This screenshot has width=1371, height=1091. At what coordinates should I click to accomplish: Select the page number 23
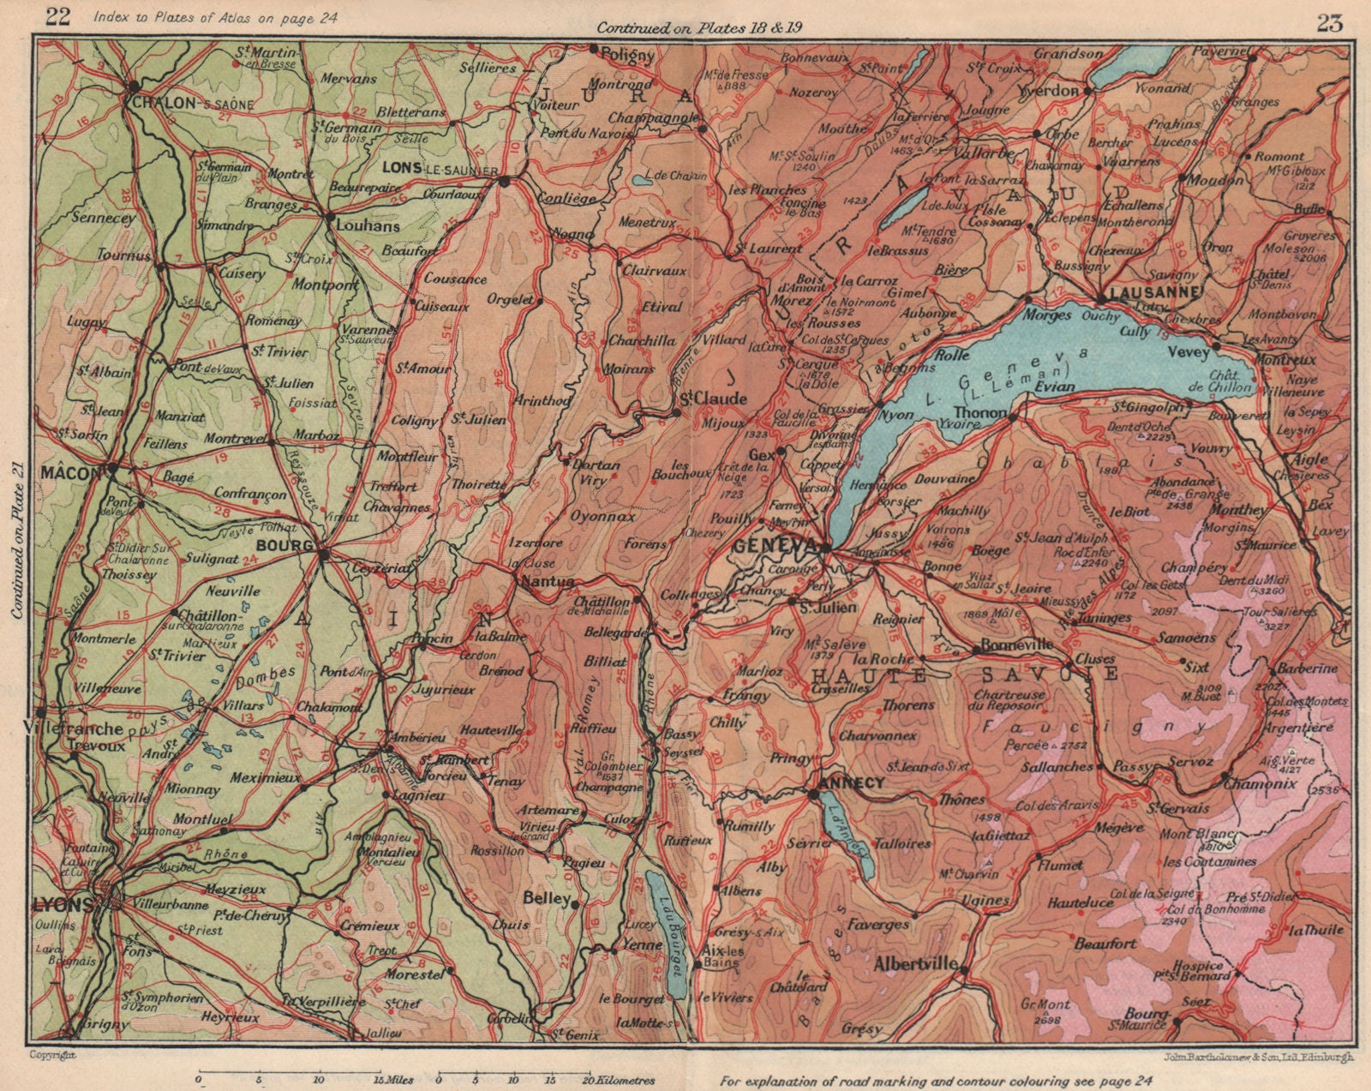click(x=1330, y=24)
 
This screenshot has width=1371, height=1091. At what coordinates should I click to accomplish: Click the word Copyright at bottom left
click(x=52, y=1054)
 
